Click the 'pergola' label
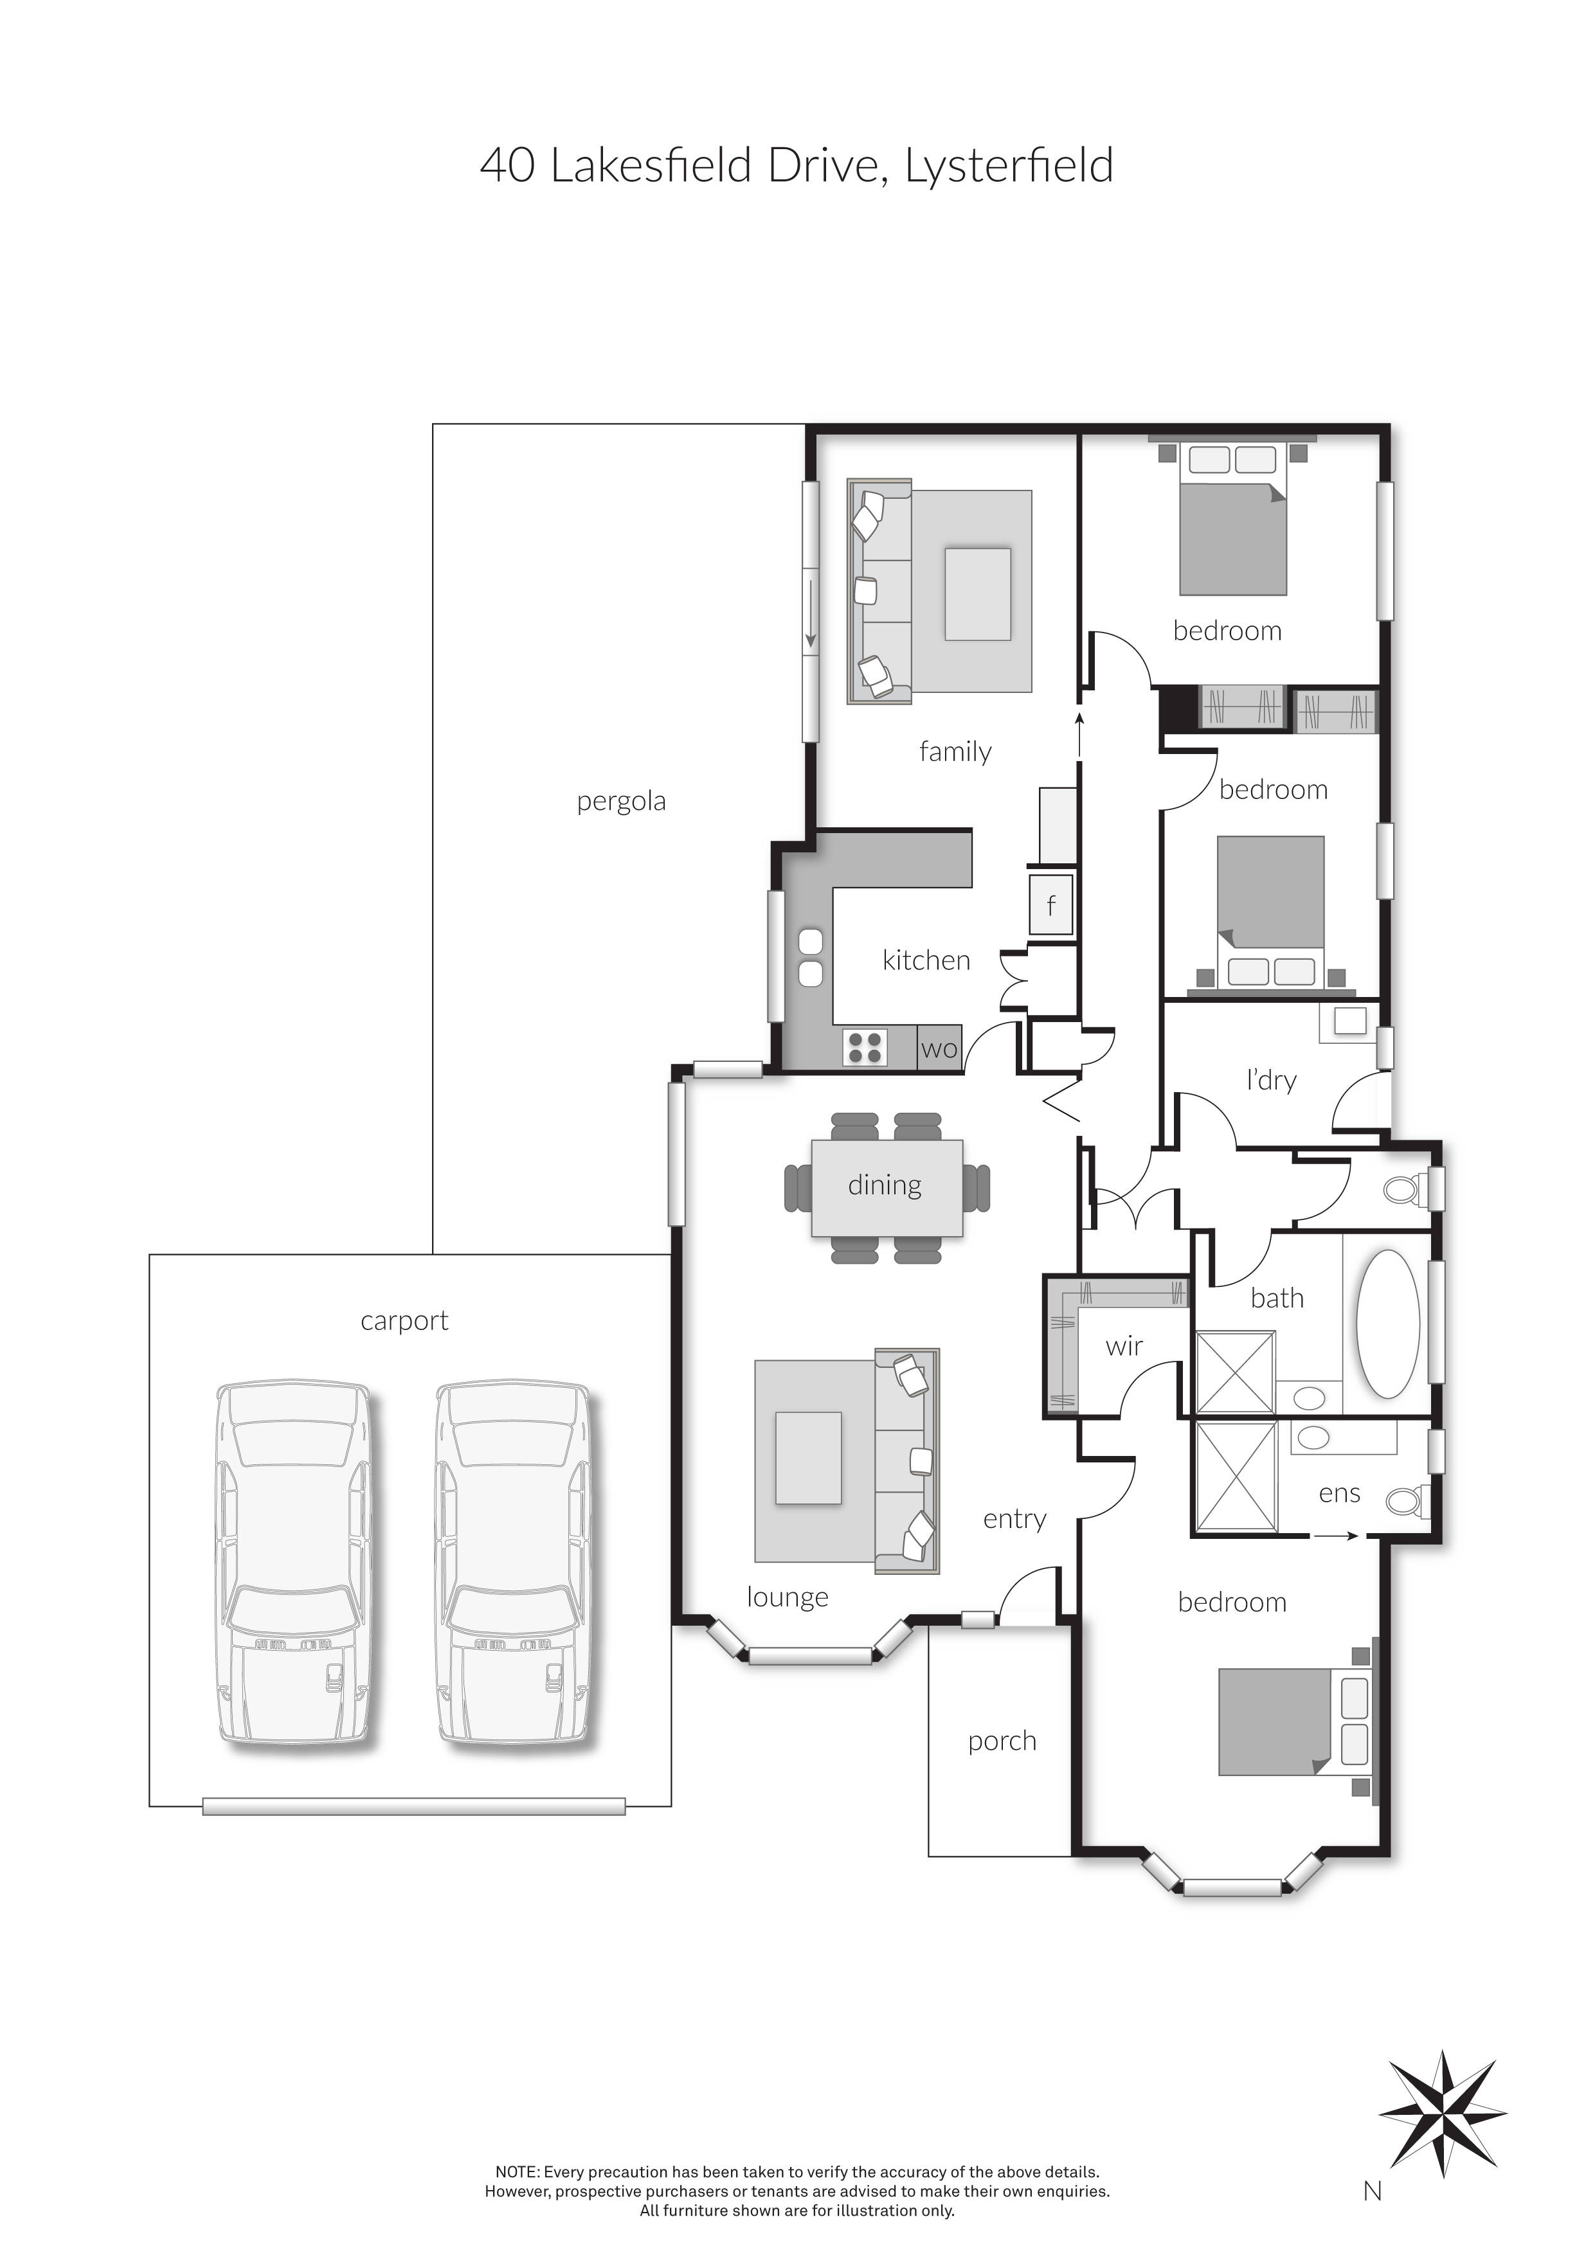click(621, 802)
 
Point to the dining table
click(886, 1187)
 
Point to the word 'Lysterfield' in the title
click(1009, 166)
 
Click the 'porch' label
click(1002, 1741)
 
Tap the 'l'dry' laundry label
click(1271, 1081)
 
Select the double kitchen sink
click(810, 958)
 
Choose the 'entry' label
click(1014, 1520)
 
